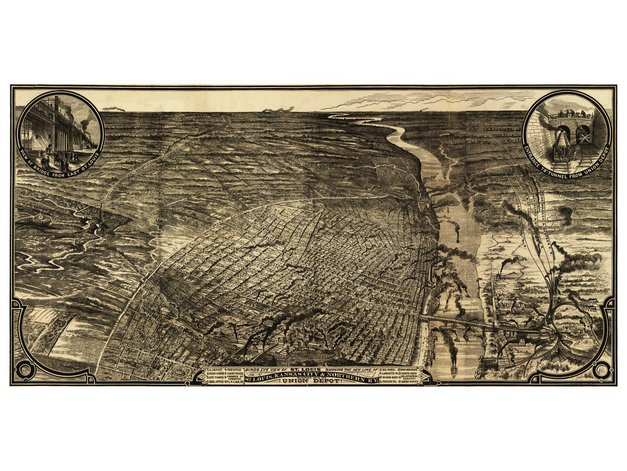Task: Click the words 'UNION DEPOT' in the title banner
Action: (312, 382)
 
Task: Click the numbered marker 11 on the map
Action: (41, 216)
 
